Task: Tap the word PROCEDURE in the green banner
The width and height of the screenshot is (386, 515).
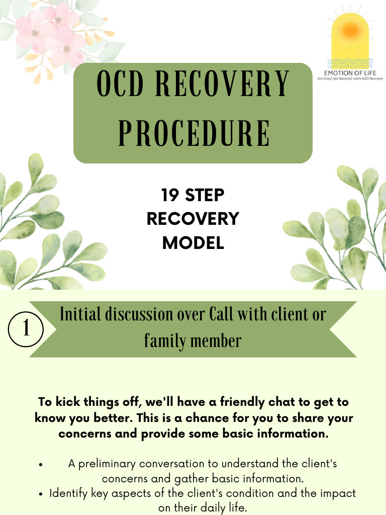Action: click(x=193, y=132)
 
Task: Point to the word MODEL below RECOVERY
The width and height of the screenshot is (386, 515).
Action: click(x=193, y=243)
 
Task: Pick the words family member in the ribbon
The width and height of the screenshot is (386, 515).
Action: click(x=193, y=341)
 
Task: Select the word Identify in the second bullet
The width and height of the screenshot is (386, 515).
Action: click(x=68, y=493)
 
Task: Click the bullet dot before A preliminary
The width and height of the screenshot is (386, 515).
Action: click(x=40, y=464)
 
